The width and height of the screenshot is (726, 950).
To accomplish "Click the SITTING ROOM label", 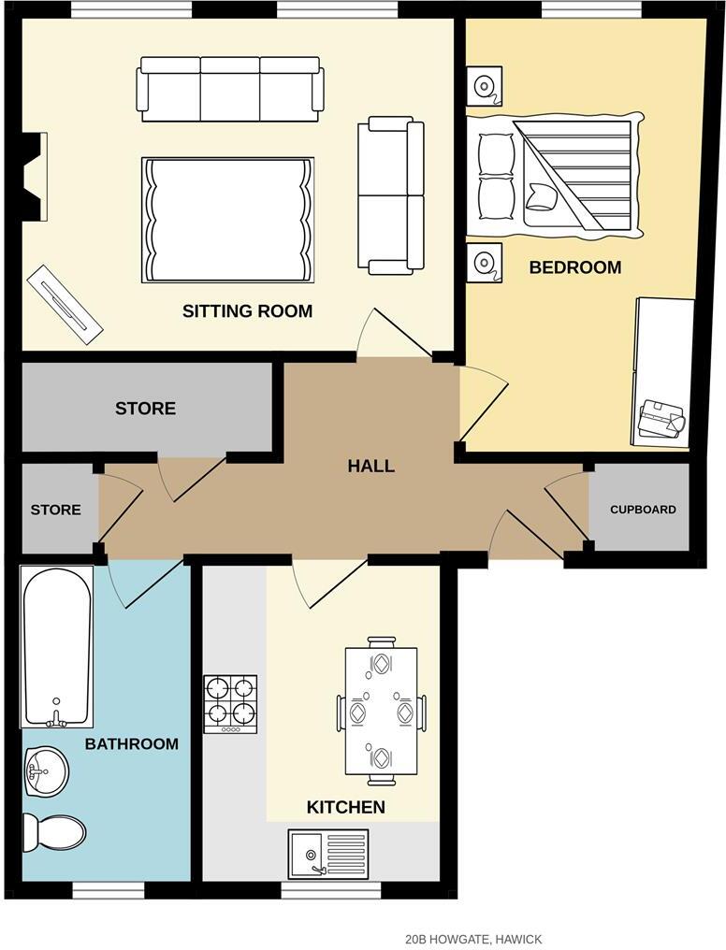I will pyautogui.click(x=247, y=311).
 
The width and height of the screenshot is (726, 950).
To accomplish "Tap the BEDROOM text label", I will pyautogui.click(x=574, y=267).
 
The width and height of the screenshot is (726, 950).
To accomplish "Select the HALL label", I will pyautogui.click(x=370, y=466).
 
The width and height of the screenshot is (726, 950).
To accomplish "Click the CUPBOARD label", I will pyautogui.click(x=643, y=510).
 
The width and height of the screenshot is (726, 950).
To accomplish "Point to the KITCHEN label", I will pyautogui.click(x=345, y=807).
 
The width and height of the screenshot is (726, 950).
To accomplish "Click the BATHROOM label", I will pyautogui.click(x=131, y=744).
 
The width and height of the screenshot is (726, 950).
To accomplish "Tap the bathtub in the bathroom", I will pyautogui.click(x=57, y=646).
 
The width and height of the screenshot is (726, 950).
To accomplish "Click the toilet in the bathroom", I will pyautogui.click(x=54, y=829).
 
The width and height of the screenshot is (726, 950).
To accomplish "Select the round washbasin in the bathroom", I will pyautogui.click(x=43, y=771).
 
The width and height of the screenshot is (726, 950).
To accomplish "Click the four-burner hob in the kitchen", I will pyautogui.click(x=230, y=703).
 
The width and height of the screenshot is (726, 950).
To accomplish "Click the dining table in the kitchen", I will pyautogui.click(x=382, y=711).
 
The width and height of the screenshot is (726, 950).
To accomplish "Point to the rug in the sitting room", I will pyautogui.click(x=227, y=220).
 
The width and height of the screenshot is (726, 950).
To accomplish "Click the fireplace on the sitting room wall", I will pyautogui.click(x=36, y=177).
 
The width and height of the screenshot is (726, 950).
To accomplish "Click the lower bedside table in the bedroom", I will pyautogui.click(x=484, y=261).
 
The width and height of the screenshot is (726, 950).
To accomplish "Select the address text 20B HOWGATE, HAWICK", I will pyautogui.click(x=473, y=939).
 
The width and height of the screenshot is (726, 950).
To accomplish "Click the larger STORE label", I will pyautogui.click(x=145, y=409).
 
